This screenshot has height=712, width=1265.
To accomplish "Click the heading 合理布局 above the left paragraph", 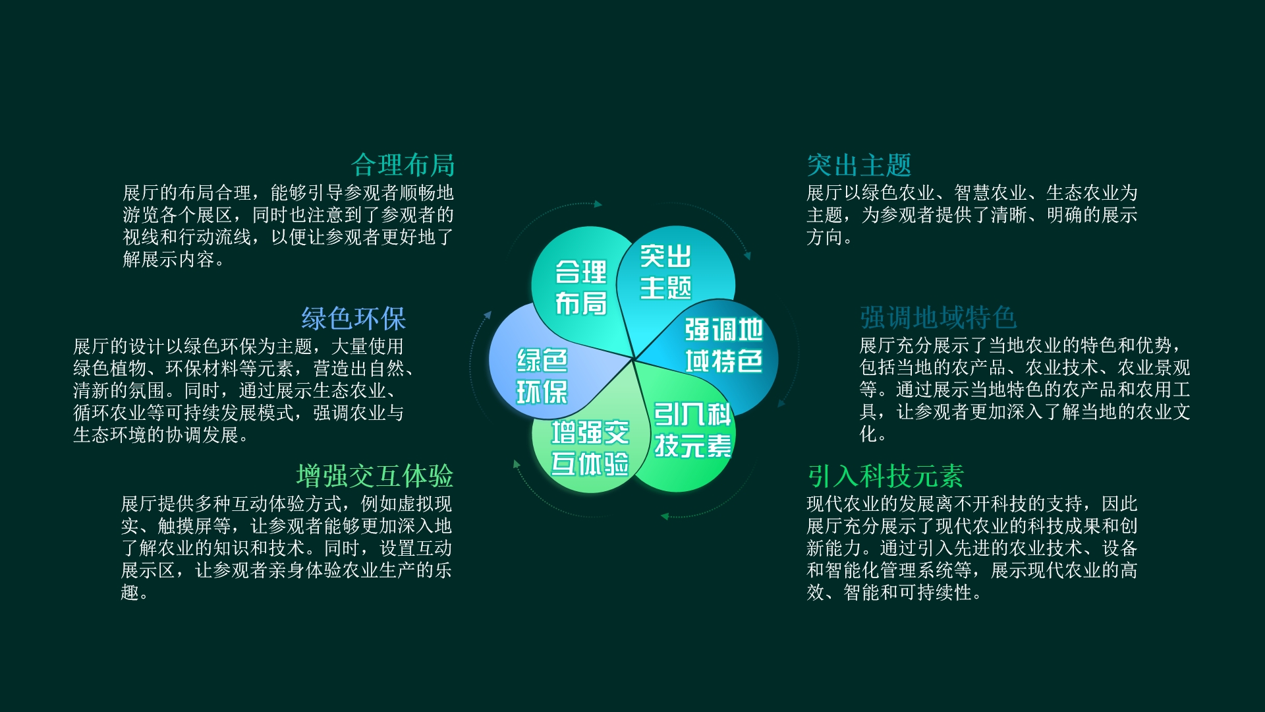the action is pyautogui.click(x=403, y=165).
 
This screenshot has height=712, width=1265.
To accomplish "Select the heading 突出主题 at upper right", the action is pyautogui.click(x=859, y=165).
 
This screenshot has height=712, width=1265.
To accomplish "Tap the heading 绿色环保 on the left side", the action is pyautogui.click(x=353, y=318).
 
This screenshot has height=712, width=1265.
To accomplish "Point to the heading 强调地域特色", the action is pyautogui.click(x=938, y=318).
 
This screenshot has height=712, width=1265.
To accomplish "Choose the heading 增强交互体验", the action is pyautogui.click(x=375, y=476).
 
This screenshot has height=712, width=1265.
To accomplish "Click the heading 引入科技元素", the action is pyautogui.click(x=885, y=476).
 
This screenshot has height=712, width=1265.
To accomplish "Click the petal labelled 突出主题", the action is pyautogui.click(x=675, y=277).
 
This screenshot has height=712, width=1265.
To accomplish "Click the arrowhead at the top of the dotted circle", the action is pyautogui.click(x=598, y=204).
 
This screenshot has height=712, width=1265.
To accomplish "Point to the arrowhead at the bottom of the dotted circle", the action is pyautogui.click(x=665, y=516).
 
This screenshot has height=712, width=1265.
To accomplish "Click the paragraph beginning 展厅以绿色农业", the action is pyautogui.click(x=972, y=215).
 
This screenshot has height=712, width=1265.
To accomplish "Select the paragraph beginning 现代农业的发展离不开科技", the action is pyautogui.click(x=972, y=549).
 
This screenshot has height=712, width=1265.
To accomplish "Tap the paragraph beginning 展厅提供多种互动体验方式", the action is pyautogui.click(x=287, y=549).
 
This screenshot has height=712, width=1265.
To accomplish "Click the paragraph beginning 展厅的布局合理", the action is pyautogui.click(x=289, y=226).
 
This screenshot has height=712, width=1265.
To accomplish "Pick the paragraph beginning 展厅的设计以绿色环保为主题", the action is pyautogui.click(x=244, y=391).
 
